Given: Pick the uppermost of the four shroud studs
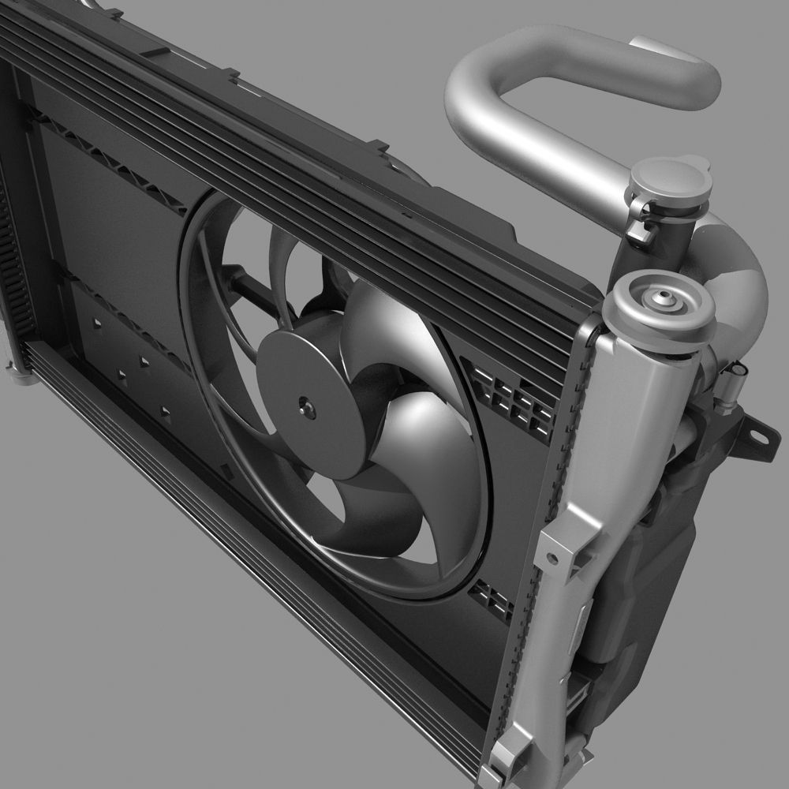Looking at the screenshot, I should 95,324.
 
